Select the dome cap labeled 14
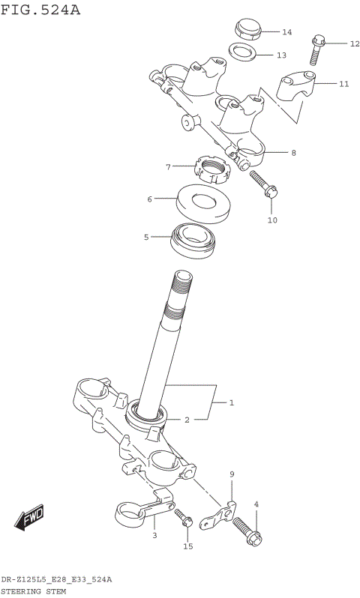[x=246, y=29]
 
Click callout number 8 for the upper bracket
[x=293, y=153]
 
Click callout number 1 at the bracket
[x=232, y=403]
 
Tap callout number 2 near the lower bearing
[x=187, y=420]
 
